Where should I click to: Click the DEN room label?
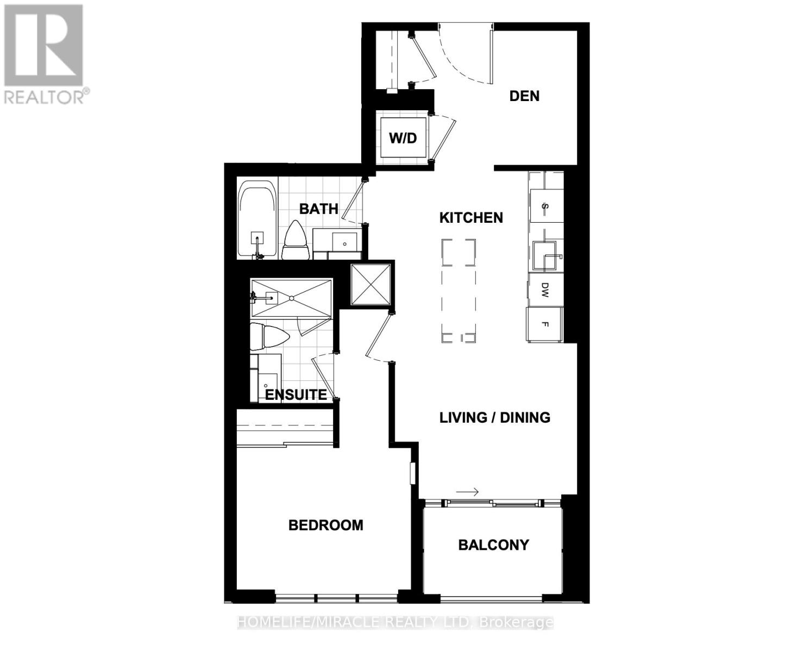click(524, 96)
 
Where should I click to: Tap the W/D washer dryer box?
click(403, 138)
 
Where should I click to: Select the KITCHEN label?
click(471, 218)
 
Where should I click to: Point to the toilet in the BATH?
click(296, 241)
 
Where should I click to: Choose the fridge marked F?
click(545, 324)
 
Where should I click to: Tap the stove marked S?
click(546, 206)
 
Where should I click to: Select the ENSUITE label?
click(296, 395)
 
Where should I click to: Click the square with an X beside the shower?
click(371, 284)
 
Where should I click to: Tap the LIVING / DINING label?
click(494, 417)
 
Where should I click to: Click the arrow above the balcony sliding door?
click(467, 492)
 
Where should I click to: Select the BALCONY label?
click(493, 545)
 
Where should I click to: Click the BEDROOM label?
click(325, 525)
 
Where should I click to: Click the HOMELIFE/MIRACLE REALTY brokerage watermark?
click(395, 622)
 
